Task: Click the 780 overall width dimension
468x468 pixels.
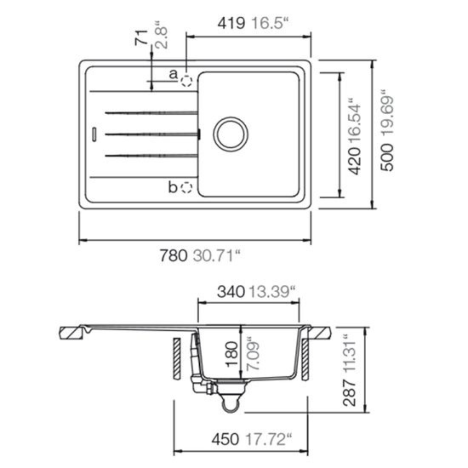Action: pos(174,255)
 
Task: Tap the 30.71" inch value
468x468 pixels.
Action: pos(216,255)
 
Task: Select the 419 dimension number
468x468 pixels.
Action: pos(231,23)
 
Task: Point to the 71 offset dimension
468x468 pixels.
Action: pos(141,38)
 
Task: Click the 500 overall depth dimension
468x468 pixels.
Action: pos(387,158)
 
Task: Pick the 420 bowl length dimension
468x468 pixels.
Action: pos(354,161)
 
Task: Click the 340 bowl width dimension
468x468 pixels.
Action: pos(231,292)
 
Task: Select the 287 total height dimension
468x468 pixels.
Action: pos(349,393)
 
